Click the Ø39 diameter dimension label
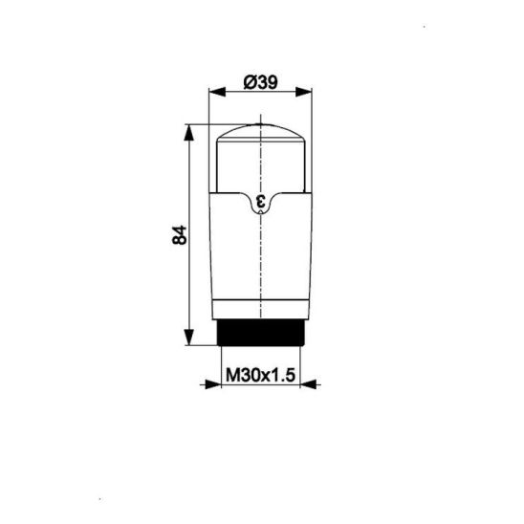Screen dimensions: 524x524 point(261,82)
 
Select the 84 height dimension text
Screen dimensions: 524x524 point(180,235)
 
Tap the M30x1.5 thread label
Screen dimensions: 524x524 point(261,375)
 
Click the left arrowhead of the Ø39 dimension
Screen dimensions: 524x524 point(217,92)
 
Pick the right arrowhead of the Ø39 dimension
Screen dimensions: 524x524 point(304,92)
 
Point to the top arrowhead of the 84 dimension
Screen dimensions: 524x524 point(189,133)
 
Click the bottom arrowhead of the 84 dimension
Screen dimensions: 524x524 point(189,337)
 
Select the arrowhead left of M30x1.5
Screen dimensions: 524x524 point(213,384)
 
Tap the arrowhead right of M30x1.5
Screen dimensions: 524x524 point(308,384)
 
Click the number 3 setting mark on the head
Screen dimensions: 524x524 point(261,201)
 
